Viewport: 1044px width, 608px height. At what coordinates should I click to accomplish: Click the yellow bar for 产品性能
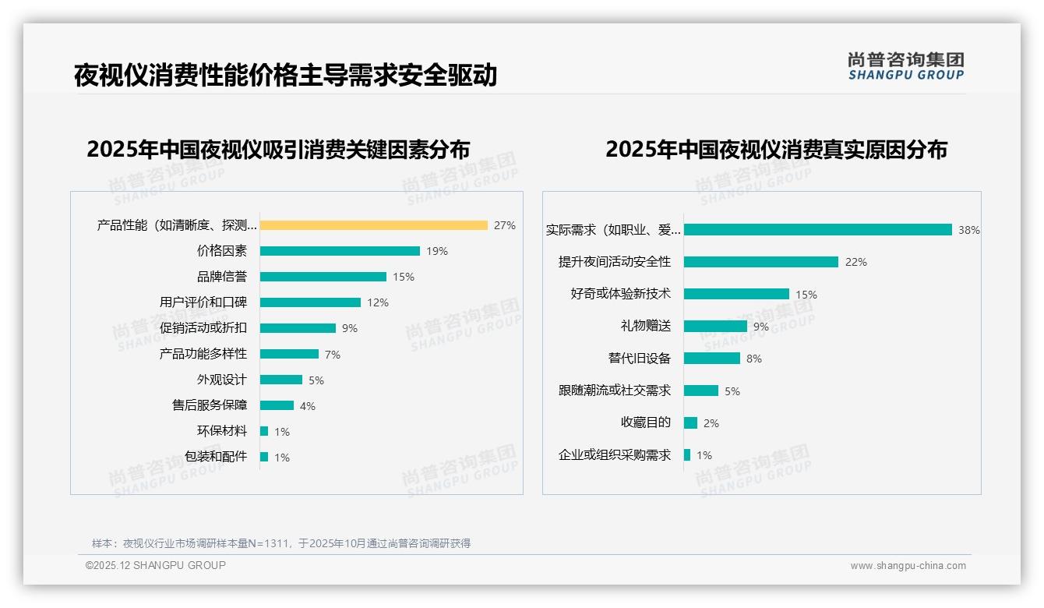[x=373, y=225]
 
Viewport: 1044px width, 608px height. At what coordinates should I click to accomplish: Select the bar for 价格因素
[x=340, y=251]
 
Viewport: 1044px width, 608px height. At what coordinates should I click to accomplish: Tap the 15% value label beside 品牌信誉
[x=404, y=277]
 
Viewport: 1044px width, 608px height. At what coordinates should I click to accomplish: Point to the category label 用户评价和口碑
[x=203, y=302]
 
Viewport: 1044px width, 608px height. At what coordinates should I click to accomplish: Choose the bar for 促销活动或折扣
[x=298, y=328]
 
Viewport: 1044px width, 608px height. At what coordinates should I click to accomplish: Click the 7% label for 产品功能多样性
[x=333, y=355]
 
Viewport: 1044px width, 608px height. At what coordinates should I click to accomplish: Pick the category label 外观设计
[x=221, y=380]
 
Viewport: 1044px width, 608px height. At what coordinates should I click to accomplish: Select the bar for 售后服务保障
[x=277, y=405]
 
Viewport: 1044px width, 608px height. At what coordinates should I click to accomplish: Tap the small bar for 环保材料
[x=264, y=431]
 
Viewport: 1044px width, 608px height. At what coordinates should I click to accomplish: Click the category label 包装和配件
[x=216, y=457]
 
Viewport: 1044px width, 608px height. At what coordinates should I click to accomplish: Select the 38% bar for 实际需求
[x=817, y=230]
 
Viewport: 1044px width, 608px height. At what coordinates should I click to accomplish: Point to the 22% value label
[x=855, y=262]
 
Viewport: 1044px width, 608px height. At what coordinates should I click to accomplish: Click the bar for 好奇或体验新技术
[x=736, y=294]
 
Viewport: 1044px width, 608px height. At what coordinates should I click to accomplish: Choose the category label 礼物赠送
[x=645, y=326]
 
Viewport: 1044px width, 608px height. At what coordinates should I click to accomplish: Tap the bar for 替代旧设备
[x=712, y=359]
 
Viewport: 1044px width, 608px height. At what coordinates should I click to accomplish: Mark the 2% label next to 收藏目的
[x=711, y=423]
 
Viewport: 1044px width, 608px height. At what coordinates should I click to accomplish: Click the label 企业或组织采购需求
[x=615, y=455]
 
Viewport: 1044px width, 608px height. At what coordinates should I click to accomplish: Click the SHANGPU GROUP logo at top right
[x=905, y=66]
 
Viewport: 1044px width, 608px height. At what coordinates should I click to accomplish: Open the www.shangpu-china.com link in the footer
[x=908, y=566]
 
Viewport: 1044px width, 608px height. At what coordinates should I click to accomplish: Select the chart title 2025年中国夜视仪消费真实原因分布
[x=776, y=150]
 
